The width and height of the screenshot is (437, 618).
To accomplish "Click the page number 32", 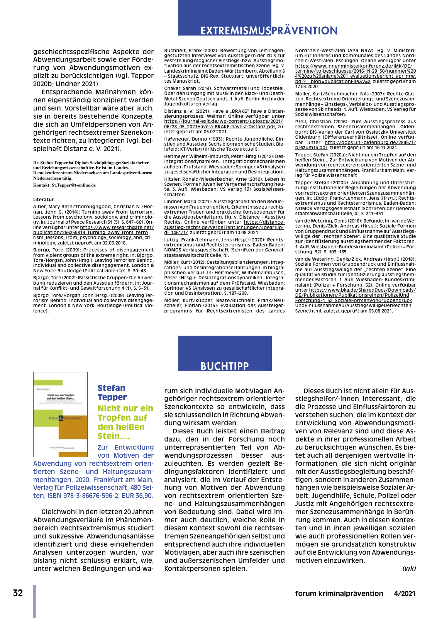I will (x=18, y=593).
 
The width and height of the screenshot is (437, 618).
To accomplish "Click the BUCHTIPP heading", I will (x=224, y=366).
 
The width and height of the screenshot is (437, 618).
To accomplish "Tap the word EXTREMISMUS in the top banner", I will (x=235, y=31).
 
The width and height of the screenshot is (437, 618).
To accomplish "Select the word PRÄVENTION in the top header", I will (x=305, y=31).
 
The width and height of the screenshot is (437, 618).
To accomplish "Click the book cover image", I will (x=60, y=414).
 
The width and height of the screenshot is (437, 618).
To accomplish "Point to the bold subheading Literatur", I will (x=43, y=200).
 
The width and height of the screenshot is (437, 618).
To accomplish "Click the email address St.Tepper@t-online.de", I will (x=74, y=185).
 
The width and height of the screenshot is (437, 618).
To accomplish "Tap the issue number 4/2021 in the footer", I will (x=405, y=594).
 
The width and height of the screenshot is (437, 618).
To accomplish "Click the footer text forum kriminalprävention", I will (x=339, y=594).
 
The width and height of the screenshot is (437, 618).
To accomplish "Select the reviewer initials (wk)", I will (x=409, y=569).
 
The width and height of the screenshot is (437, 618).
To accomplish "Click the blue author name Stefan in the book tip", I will (x=111, y=388).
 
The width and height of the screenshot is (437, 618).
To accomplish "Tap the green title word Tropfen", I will (x=114, y=418).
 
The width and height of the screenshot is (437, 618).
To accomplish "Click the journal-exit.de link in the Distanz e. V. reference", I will (x=223, y=121).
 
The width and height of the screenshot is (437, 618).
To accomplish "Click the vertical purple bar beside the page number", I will (x=35, y=601).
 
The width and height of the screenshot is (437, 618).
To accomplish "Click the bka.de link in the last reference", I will (x=362, y=290).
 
